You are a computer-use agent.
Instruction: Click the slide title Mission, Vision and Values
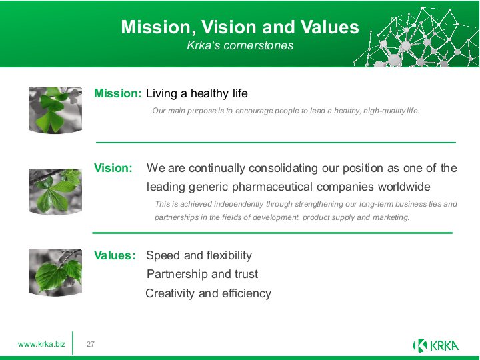pos(240,27)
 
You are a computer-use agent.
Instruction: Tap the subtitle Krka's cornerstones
pos(240,45)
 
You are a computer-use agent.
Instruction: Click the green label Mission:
pos(118,93)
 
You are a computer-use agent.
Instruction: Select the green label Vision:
pos(113,168)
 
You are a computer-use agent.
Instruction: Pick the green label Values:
pos(115,255)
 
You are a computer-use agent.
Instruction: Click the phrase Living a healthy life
pos(197,94)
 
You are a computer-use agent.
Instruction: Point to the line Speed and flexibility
pos(199,255)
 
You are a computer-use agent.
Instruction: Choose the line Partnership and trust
pos(202,274)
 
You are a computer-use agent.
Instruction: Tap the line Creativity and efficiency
pos(209,293)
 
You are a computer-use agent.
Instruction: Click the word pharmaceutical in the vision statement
pos(273,187)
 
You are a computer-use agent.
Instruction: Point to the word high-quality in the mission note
pos(384,111)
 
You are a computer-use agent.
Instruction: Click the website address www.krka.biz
pos(41,344)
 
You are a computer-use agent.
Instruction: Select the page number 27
pos(91,344)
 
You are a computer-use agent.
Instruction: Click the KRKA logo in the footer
pos(436,345)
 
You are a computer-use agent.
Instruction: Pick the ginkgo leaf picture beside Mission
pos(55,110)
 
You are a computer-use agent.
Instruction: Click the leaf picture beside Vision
pos(55,191)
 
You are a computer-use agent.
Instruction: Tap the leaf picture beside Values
pos(55,273)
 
